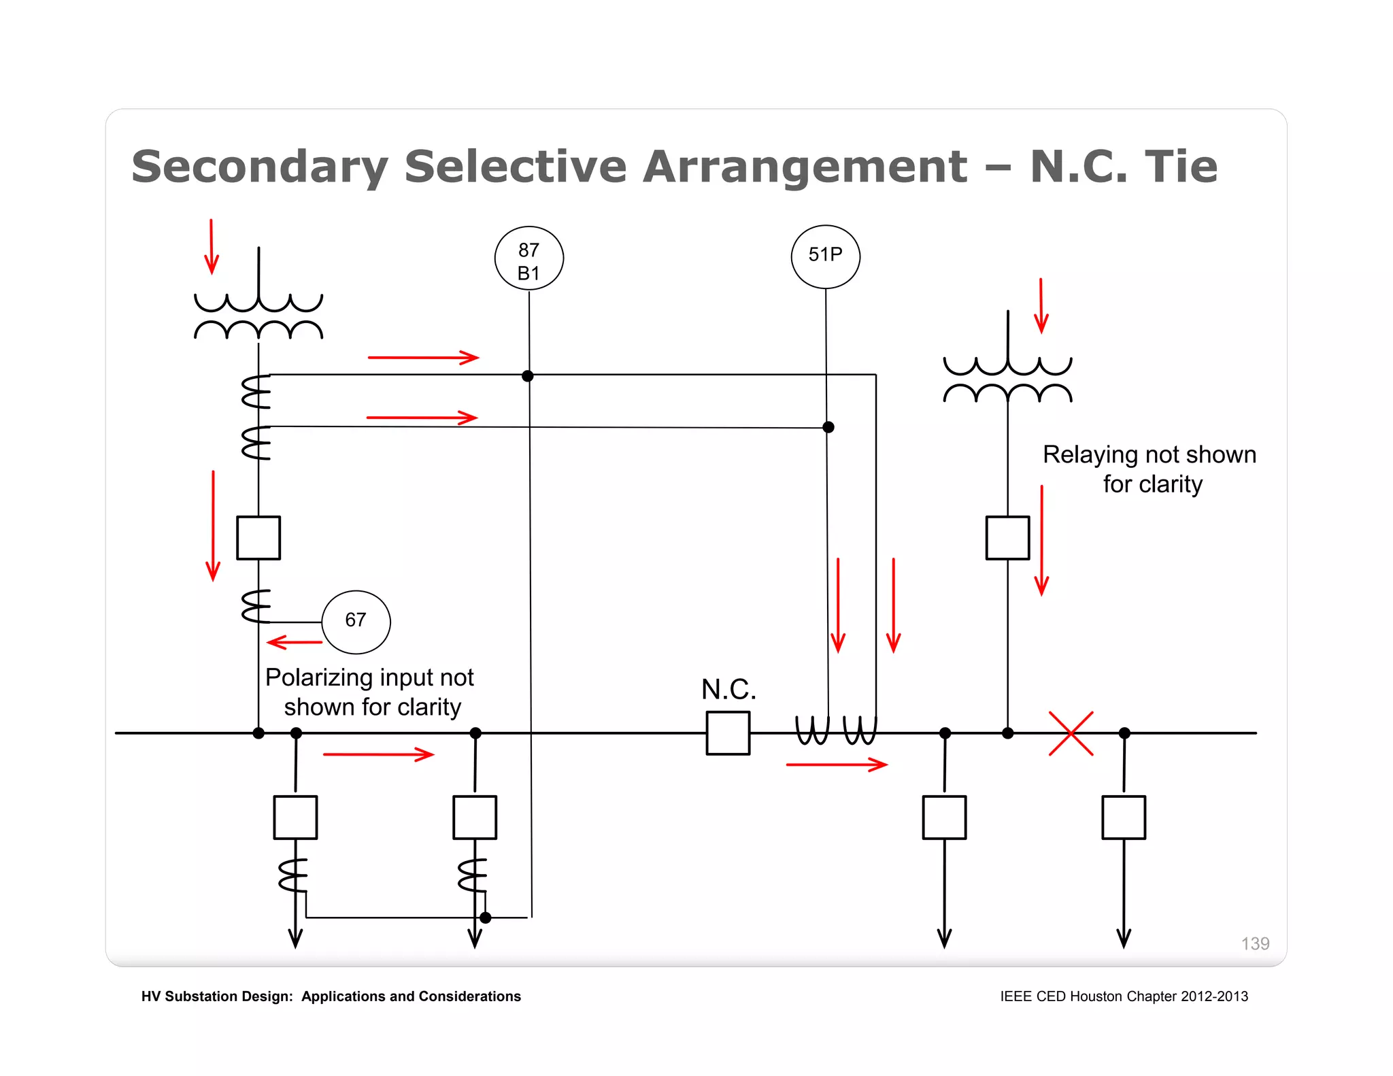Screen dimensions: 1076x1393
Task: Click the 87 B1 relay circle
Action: point(528,258)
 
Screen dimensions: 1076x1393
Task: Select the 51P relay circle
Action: point(825,256)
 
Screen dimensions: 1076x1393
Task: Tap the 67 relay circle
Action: point(356,621)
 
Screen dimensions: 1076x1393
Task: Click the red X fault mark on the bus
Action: point(1071,733)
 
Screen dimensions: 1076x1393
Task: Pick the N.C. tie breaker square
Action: point(728,733)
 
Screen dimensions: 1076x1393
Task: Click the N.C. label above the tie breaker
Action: point(728,689)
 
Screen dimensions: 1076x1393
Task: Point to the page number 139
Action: point(1254,943)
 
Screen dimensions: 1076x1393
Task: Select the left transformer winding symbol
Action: point(258,316)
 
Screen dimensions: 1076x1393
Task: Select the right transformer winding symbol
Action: point(1007,380)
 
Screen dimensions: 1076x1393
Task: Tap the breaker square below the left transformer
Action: point(258,537)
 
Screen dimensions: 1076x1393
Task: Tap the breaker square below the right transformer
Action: point(1007,537)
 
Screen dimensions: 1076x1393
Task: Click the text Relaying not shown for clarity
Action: point(1149,469)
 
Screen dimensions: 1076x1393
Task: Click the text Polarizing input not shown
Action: point(369,691)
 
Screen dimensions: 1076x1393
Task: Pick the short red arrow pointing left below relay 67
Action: point(294,642)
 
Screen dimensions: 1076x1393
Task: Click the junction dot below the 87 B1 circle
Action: point(528,376)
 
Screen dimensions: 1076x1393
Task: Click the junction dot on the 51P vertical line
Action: point(828,427)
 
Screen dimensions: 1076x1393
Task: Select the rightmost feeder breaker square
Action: point(1124,817)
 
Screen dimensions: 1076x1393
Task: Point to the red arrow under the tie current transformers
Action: point(837,764)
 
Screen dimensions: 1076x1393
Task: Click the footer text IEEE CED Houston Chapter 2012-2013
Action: point(1124,996)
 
